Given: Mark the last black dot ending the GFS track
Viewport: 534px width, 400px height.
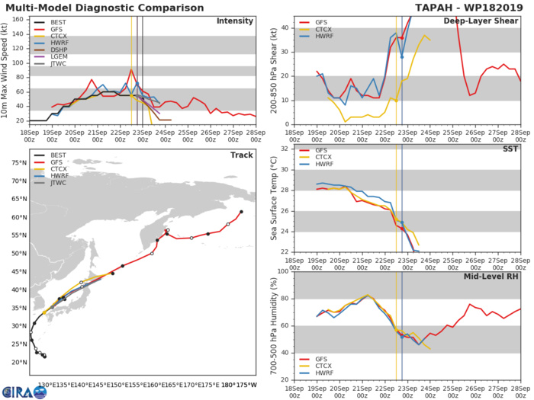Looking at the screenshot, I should click(241, 212).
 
